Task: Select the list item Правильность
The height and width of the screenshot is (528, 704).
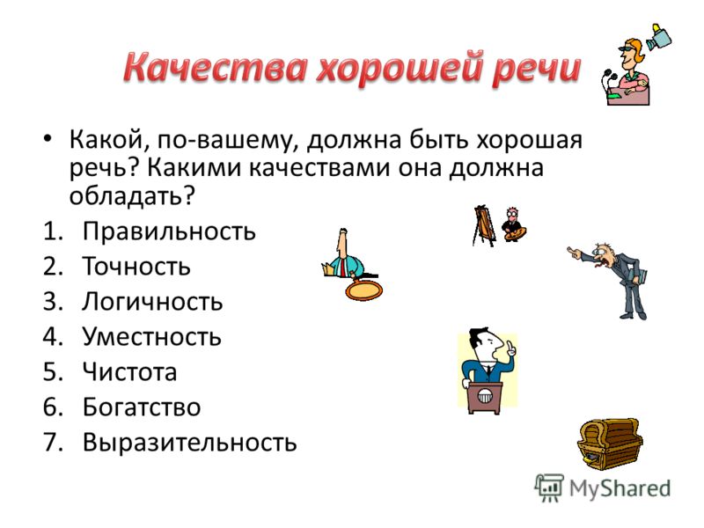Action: [x=169, y=231]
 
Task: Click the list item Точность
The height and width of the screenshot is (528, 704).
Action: [x=136, y=267]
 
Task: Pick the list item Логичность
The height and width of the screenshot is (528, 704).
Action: [x=152, y=301]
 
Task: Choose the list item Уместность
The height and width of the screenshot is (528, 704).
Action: [x=151, y=336]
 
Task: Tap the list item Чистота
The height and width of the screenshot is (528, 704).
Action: [x=129, y=371]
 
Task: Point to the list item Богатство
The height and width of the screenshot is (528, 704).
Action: [x=142, y=407]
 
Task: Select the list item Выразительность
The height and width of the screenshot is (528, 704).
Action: [x=189, y=443]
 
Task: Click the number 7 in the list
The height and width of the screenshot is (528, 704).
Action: [x=51, y=443]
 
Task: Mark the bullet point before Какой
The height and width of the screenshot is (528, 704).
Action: [x=48, y=139]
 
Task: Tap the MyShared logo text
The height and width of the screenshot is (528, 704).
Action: [x=620, y=488]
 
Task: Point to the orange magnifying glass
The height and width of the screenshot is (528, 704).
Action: [x=363, y=289]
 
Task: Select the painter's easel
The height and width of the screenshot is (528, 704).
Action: [x=483, y=226]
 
